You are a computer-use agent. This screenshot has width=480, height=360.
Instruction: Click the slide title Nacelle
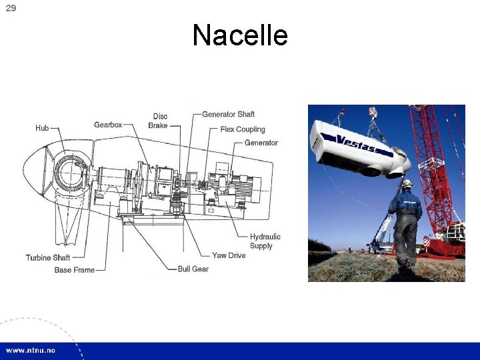tap(240, 35)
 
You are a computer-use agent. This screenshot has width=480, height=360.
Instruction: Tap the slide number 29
tap(11, 8)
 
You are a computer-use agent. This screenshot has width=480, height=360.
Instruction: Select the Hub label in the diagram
tap(42, 128)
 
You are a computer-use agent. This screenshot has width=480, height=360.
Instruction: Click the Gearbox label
tap(108, 125)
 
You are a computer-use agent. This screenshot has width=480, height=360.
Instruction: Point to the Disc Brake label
tap(158, 121)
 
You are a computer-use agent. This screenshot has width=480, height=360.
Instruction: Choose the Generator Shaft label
tap(228, 115)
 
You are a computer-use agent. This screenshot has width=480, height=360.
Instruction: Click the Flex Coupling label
tap(243, 129)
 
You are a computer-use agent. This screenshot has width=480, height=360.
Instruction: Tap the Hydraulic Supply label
tap(265, 241)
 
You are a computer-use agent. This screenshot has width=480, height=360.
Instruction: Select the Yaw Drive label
tap(229, 255)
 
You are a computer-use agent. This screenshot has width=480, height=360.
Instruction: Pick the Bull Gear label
tap(193, 269)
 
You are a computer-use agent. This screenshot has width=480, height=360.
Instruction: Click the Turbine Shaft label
tap(48, 257)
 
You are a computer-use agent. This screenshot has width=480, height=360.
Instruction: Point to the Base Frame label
tap(75, 270)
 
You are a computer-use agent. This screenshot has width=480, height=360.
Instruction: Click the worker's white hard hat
tap(407, 183)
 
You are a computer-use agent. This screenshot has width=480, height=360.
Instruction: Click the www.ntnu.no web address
tap(31, 351)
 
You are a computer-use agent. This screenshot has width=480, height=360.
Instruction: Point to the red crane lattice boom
tap(430, 167)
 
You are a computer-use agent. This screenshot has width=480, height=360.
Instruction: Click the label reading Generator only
tap(261, 143)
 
